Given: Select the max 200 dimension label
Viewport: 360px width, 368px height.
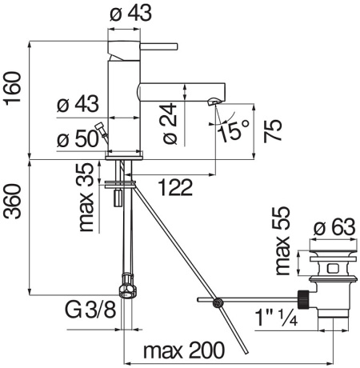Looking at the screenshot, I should click(x=185, y=351).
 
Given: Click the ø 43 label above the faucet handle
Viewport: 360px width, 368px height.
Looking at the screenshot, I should click(x=126, y=14).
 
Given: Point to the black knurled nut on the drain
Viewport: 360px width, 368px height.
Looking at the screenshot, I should click(x=304, y=298).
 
